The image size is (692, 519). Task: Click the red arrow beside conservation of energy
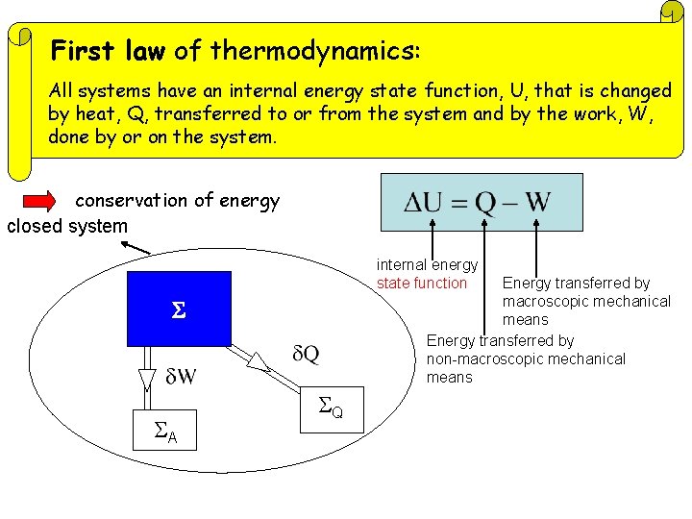[38, 201]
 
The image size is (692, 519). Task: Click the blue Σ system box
[179, 309]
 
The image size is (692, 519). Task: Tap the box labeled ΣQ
[332, 408]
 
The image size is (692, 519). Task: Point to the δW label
[181, 376]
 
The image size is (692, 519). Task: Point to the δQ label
[306, 355]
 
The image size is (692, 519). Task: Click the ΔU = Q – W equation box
[482, 202]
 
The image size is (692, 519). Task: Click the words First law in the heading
[108, 50]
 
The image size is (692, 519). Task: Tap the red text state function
[422, 283]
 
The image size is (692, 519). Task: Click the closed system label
[67, 227]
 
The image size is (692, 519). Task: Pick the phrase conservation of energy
[178, 201]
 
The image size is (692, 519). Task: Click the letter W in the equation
[536, 203]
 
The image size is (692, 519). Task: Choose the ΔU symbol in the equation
[424, 203]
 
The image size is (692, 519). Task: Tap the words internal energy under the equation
[427, 264]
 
